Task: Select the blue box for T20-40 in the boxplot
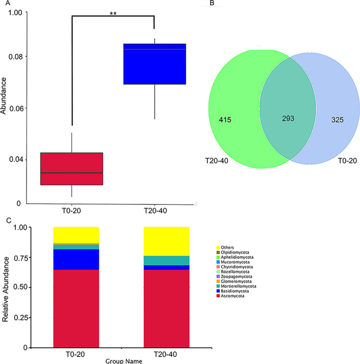[x=154, y=64]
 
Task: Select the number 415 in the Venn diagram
[x=225, y=119]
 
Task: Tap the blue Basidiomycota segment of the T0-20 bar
[x=76, y=259]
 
